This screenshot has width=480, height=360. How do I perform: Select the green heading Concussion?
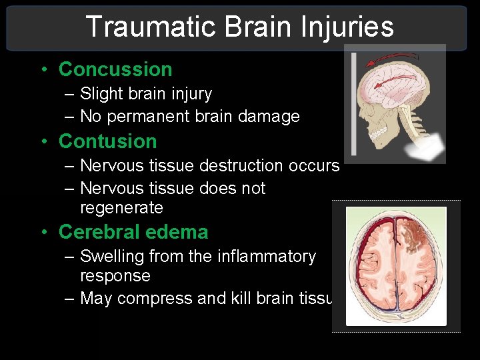pyautogui.click(x=115, y=69)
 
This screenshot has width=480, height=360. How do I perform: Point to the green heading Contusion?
pyautogui.click(x=107, y=141)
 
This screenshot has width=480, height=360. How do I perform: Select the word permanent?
pyautogui.click(x=147, y=117)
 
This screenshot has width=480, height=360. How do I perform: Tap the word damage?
pyautogui.click(x=272, y=117)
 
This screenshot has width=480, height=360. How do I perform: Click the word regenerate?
pyautogui.click(x=121, y=208)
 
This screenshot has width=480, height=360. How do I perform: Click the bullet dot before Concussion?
pyautogui.click(x=44, y=70)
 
